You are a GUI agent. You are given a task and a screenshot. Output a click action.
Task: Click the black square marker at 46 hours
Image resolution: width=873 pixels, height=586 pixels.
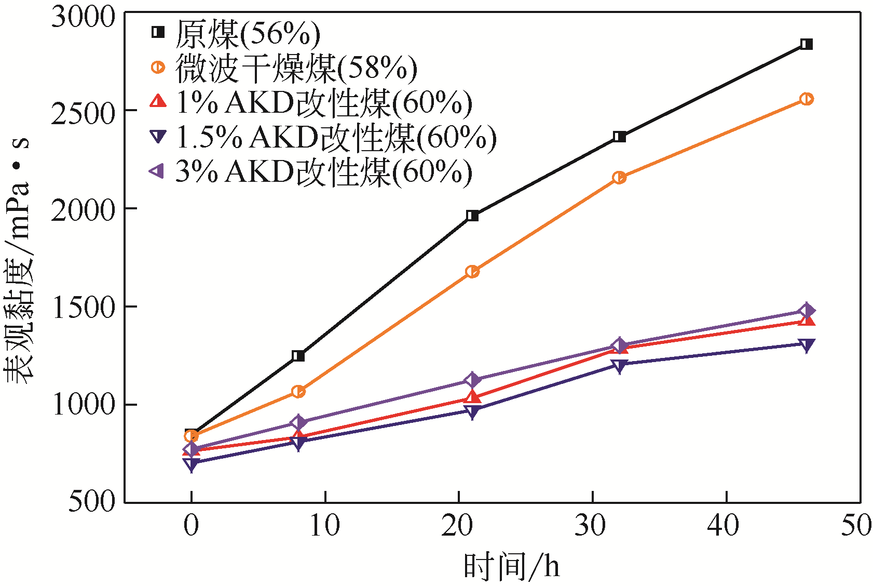pos(806,44)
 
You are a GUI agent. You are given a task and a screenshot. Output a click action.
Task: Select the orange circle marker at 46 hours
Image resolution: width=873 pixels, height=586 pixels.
pos(806,99)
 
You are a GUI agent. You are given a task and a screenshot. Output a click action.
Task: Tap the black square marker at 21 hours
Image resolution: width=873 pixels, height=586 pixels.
pos(472,216)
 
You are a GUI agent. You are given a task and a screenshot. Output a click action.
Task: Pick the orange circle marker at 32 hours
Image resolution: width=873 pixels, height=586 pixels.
pos(619,178)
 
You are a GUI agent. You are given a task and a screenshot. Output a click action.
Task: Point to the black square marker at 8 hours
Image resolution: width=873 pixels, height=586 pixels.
pos(298,356)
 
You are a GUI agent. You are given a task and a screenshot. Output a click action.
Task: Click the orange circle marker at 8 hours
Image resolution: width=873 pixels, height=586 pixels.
pos(298,391)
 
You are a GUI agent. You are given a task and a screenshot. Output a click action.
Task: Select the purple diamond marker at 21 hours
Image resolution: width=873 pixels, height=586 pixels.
pos(472,380)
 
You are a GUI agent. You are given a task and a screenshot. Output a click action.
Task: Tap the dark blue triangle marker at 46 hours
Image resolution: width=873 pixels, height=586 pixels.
pos(806,345)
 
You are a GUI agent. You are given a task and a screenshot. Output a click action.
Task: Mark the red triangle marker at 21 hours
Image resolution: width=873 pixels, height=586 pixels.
pos(472,397)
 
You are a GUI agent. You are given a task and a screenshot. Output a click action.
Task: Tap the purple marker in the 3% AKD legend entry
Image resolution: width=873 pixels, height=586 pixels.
pos(157,171)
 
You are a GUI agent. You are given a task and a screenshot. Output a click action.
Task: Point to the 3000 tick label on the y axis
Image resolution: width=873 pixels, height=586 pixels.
pos(83,17)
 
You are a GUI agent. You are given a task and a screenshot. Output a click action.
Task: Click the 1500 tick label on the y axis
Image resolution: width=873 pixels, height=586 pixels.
pos(83,307)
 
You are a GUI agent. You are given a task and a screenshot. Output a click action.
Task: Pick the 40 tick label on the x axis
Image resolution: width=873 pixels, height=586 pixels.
pos(725,526)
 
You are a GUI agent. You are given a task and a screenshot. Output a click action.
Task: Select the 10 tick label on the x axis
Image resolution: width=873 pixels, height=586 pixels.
pos(324,526)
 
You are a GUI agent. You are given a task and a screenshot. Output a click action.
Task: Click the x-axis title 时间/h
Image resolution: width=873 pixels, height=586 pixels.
pos(511,566)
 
